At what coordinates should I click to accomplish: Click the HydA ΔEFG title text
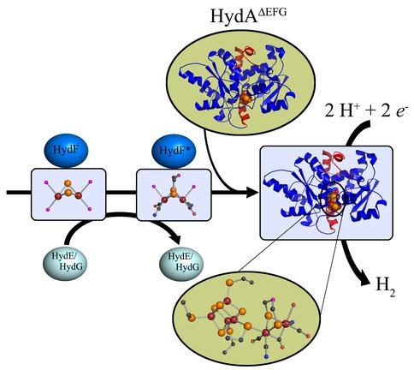[248, 15]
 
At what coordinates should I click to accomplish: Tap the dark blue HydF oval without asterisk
[66, 151]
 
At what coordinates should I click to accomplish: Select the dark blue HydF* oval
[174, 151]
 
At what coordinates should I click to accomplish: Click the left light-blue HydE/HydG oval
[66, 261]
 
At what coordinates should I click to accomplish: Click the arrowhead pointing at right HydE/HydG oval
[174, 238]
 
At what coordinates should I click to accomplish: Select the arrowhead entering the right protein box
[253, 192]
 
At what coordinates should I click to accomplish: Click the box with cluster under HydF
[68, 194]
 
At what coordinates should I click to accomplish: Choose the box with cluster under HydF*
[174, 195]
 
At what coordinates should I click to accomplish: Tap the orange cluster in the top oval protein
[245, 98]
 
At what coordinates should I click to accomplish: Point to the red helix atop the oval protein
[245, 55]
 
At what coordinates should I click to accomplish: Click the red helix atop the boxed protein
[336, 158]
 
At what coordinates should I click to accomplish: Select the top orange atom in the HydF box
[68, 182]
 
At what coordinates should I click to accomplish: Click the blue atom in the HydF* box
[155, 214]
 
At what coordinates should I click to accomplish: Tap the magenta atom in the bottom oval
[273, 300]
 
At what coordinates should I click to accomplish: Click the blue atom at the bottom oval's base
[266, 356]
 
